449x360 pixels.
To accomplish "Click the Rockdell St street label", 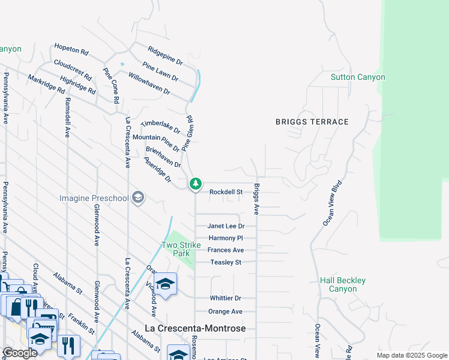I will pyautogui.click(x=226, y=192).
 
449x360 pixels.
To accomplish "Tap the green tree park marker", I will pyautogui.click(x=195, y=184).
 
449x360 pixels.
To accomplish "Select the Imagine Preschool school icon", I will pyautogui.click(x=138, y=198).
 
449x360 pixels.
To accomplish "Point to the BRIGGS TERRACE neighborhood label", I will pyautogui.click(x=312, y=122).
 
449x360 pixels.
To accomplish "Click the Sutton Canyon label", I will pyautogui.click(x=358, y=77).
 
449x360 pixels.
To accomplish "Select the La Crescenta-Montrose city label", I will pyautogui.click(x=195, y=328).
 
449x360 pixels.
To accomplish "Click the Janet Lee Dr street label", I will pyautogui.click(x=226, y=226).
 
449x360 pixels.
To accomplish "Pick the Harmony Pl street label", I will pyautogui.click(x=226, y=238).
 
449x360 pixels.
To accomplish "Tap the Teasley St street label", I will pyautogui.click(x=226, y=262).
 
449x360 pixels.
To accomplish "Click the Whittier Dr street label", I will pyautogui.click(x=225, y=298).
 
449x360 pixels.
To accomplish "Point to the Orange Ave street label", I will pyautogui.click(x=225, y=311).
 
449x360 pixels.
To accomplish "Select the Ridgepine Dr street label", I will pyautogui.click(x=166, y=53).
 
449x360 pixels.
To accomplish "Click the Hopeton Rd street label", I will pyautogui.click(x=71, y=49).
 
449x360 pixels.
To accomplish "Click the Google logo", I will pyautogui.click(x=20, y=353).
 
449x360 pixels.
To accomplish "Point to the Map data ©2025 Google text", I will pyautogui.click(x=411, y=355).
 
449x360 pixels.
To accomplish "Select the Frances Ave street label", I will pyautogui.click(x=226, y=250).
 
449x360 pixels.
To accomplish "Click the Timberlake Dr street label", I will pyautogui.click(x=160, y=127).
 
